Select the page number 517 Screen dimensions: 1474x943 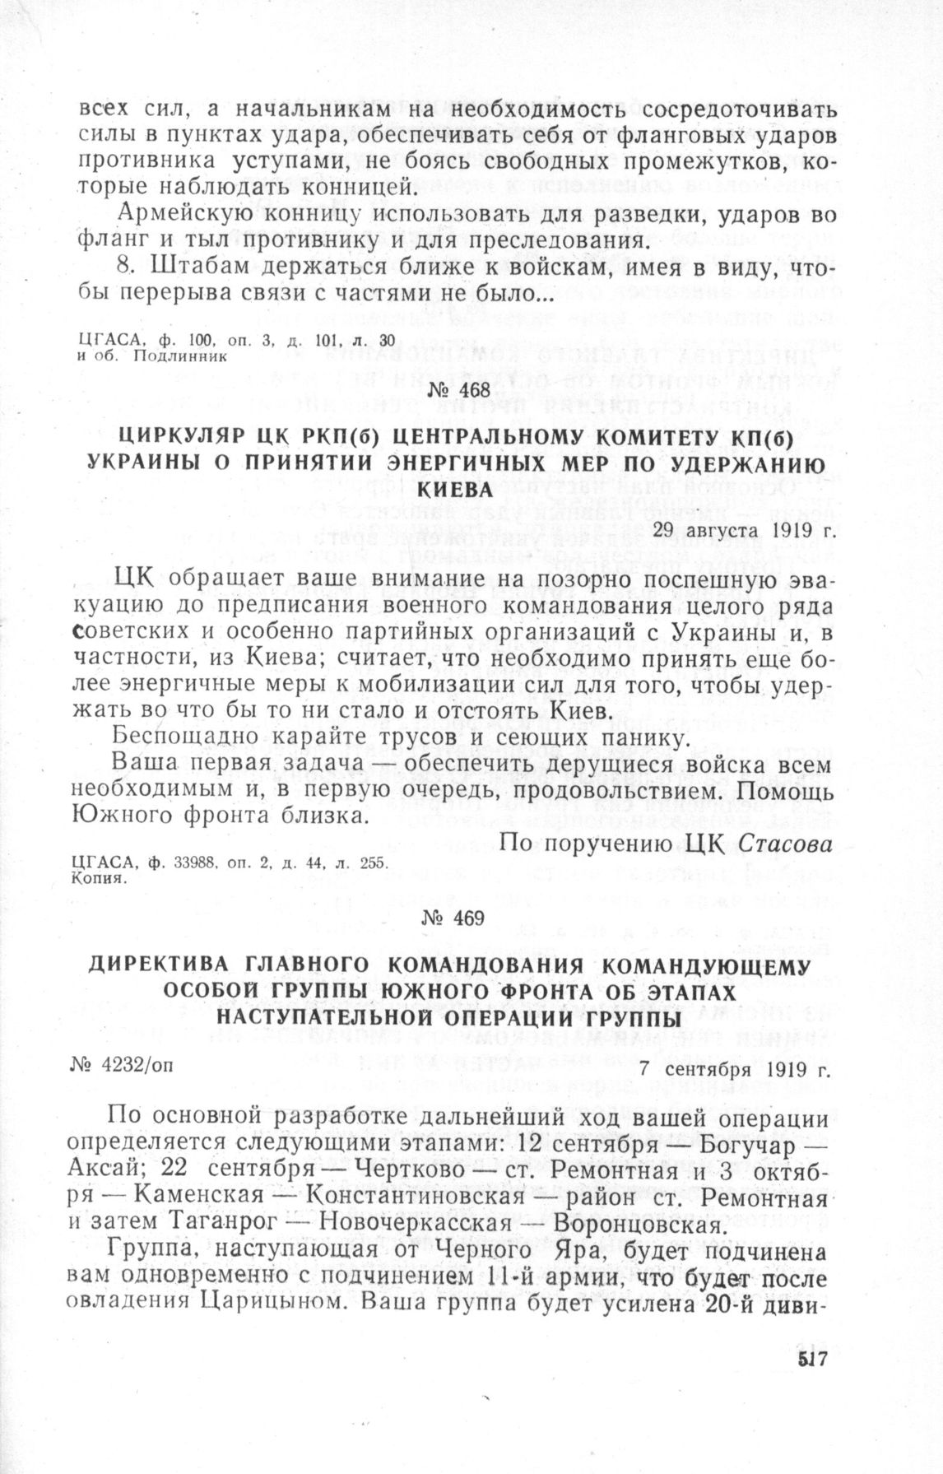tap(811, 1363)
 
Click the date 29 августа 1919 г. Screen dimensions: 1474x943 tap(743, 529)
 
